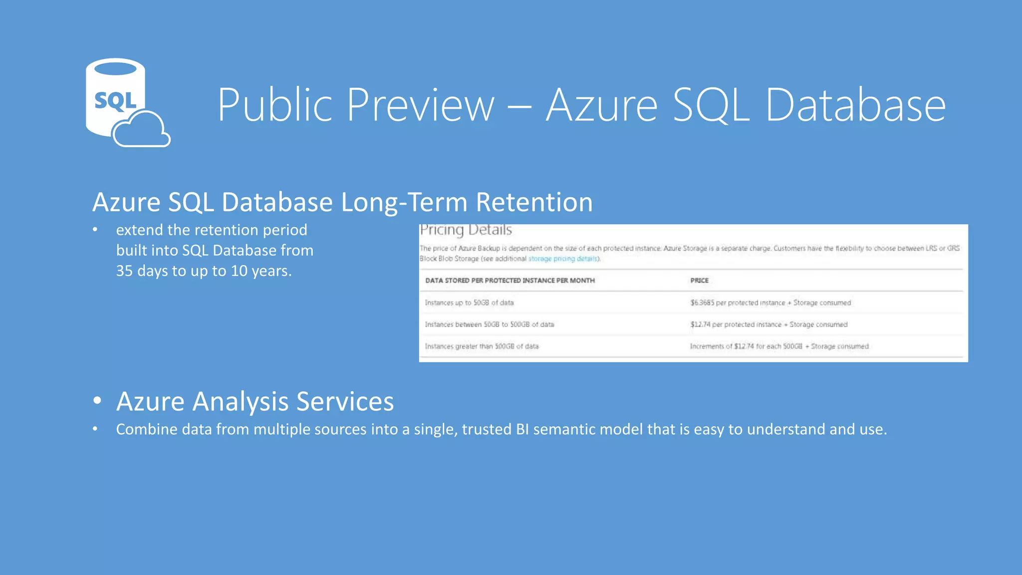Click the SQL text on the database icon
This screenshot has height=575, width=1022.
pos(115,101)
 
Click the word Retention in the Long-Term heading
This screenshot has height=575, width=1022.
pos(534,202)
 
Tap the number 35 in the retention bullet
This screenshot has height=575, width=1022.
pos(124,271)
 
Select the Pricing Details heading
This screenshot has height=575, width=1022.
pos(466,230)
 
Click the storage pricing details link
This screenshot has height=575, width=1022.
pos(562,259)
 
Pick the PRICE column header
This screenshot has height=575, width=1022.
pos(699,281)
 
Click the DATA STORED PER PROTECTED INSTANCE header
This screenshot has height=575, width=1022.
pos(510,281)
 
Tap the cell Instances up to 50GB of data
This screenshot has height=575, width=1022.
pos(469,302)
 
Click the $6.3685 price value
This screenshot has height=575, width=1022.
pos(702,302)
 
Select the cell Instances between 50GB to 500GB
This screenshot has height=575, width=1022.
pos(489,324)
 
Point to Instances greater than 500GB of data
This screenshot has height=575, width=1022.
pos(482,346)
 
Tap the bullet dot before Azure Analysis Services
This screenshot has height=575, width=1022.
pos(97,400)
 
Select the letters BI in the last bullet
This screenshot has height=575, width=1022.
pos(522,429)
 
